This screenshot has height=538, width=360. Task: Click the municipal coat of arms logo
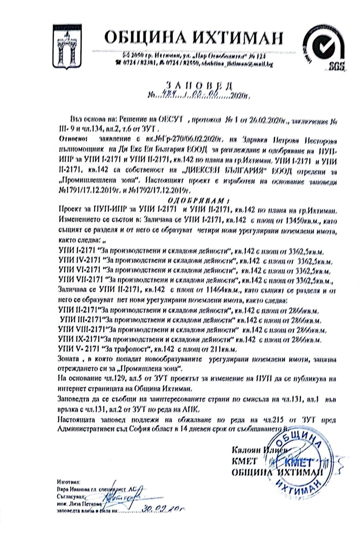click(x=68, y=48)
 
